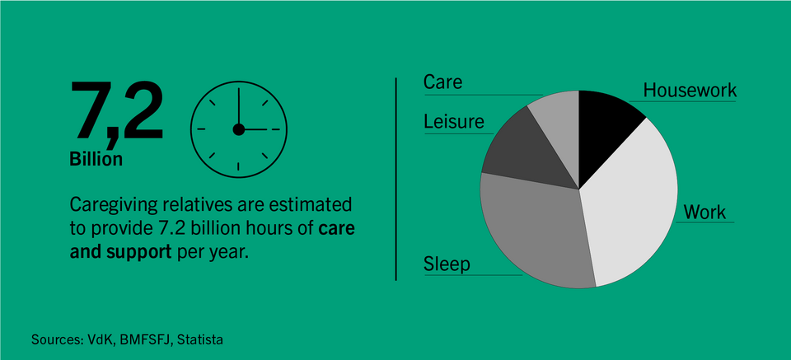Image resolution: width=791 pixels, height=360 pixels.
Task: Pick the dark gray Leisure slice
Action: pyautogui.click(x=525, y=152)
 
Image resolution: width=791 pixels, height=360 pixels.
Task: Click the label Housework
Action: pyautogui.click(x=690, y=91)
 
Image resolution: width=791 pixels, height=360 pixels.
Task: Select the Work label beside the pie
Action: pyautogui.click(x=704, y=213)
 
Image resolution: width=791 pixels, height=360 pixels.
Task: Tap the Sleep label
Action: pyautogui.click(x=447, y=264)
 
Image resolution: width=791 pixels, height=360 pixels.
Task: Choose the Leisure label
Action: pyautogui.click(x=453, y=122)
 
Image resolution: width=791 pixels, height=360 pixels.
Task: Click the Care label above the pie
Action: pyautogui.click(x=443, y=82)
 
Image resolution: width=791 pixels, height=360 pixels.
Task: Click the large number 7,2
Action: pyautogui.click(x=116, y=112)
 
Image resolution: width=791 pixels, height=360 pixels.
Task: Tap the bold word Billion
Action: pyautogui.click(x=96, y=159)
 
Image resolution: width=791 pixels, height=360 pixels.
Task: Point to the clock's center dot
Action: pyautogui.click(x=239, y=129)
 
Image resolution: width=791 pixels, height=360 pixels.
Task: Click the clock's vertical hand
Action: pyautogui.click(x=239, y=109)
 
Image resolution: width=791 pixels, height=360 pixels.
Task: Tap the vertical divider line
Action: pyautogui.click(x=396, y=179)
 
